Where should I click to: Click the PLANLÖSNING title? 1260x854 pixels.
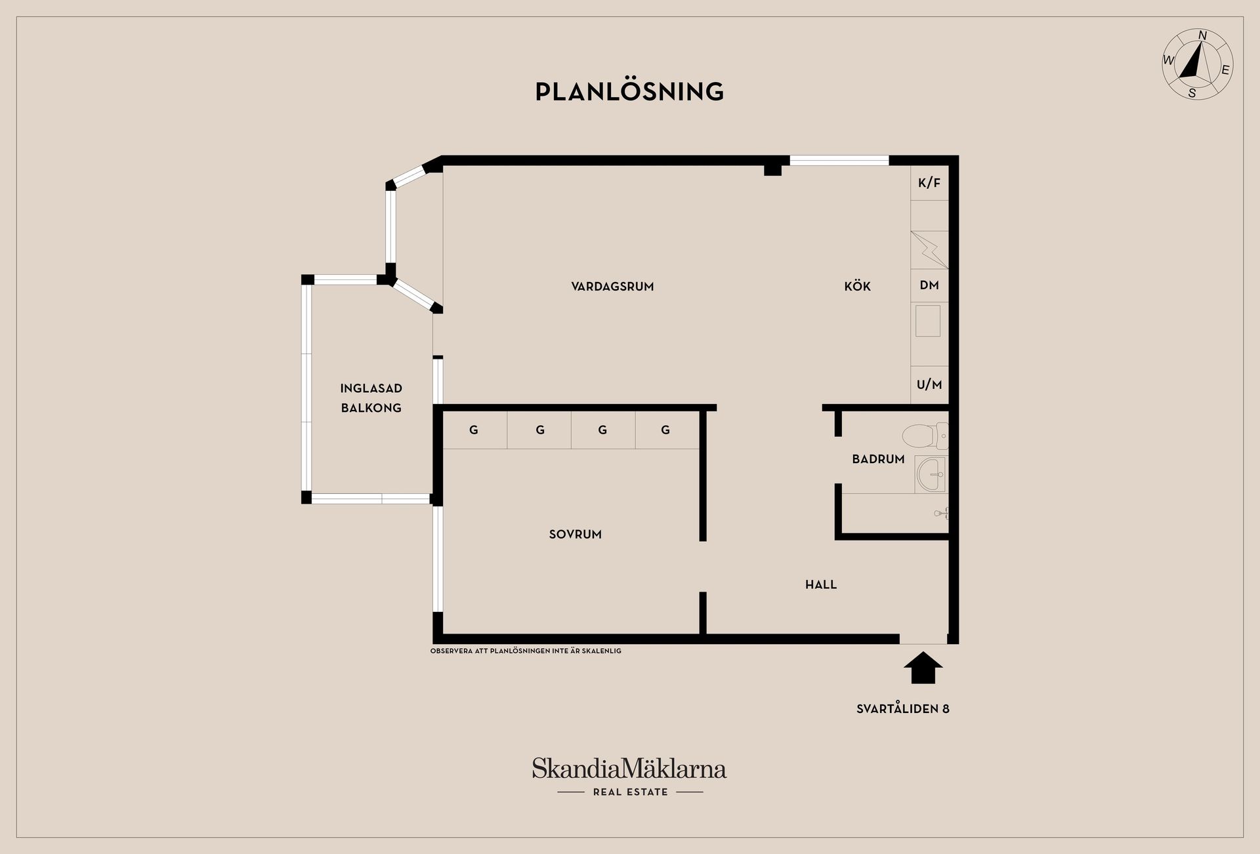[629, 91]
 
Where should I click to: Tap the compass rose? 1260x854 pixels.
[1198, 64]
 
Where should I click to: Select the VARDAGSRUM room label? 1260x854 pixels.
[612, 286]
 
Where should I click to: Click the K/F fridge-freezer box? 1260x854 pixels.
[929, 183]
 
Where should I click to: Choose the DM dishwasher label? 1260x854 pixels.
[929, 285]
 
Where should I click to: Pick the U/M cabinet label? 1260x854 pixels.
[929, 385]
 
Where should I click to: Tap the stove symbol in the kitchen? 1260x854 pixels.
[929, 250]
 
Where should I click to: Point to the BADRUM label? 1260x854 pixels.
[878, 459]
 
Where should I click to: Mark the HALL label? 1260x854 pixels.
[821, 584]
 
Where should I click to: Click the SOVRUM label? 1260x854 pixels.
[576, 535]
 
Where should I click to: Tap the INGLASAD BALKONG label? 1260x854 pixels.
[371, 398]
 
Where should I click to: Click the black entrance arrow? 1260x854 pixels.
[923, 668]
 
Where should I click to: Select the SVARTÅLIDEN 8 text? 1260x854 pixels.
[903, 708]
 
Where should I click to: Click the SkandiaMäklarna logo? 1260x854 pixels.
[629, 777]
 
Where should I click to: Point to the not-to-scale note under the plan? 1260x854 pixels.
[526, 651]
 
